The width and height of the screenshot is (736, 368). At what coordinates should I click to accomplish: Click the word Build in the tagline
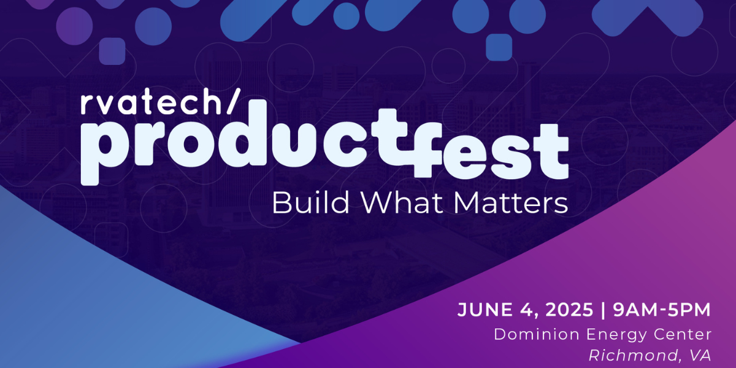[310, 202]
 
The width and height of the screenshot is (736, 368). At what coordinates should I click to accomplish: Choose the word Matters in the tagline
[511, 203]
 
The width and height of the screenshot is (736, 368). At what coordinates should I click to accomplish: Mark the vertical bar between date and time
[602, 310]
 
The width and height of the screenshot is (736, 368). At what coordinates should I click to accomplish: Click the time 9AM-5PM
[662, 310]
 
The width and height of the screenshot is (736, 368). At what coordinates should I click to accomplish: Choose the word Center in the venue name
[683, 334]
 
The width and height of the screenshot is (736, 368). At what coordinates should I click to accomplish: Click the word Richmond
[633, 356]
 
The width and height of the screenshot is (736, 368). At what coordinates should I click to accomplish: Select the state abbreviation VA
[700, 356]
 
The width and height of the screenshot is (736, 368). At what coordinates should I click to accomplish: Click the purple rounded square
[112, 51]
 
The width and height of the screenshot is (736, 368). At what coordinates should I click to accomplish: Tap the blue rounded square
[499, 47]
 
